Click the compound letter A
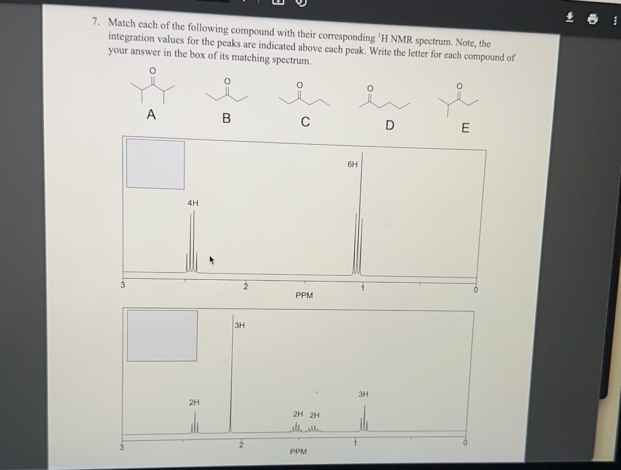click(x=151, y=115)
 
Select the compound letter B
click(x=226, y=118)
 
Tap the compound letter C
click(x=305, y=122)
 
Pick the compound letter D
click(x=389, y=125)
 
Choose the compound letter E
click(x=465, y=128)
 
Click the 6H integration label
click(x=352, y=164)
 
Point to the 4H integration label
click(x=193, y=203)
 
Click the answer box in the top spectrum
click(x=155, y=164)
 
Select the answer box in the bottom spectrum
click(x=162, y=336)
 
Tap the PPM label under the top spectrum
click(x=304, y=295)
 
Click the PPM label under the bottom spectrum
click(x=298, y=452)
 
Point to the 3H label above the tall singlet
click(x=240, y=325)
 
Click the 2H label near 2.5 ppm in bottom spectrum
click(x=194, y=402)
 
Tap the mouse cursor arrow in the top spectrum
click(x=212, y=260)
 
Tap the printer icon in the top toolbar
click(x=591, y=20)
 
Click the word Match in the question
click(x=121, y=24)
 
